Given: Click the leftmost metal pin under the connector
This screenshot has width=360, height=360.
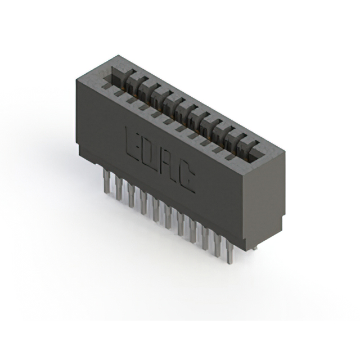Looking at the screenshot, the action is point(106,181).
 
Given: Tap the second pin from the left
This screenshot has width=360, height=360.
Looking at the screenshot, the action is point(119,189).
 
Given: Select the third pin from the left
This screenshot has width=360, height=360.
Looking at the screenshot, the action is point(131,196).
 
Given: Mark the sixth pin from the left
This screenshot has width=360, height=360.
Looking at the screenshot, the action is point(168,217).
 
